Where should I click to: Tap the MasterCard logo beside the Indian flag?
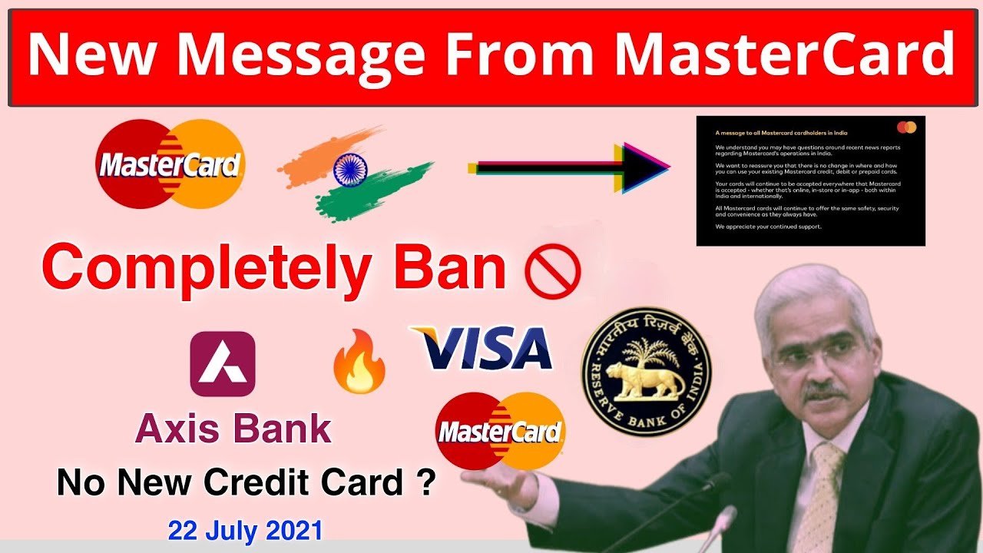(170, 164)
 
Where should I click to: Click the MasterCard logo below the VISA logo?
(500, 431)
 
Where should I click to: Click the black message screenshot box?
(810, 180)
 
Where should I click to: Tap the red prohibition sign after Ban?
(552, 272)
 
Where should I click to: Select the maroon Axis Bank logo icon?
(223, 363)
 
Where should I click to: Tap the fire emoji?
(359, 367)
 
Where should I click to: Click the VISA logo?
(482, 349)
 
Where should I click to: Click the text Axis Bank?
(233, 429)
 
